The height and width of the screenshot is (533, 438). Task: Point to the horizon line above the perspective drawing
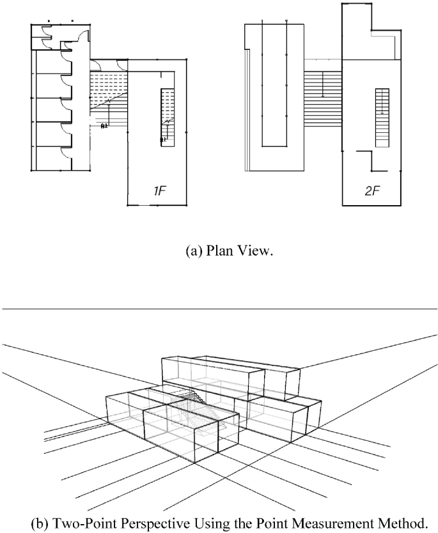[x=219, y=309]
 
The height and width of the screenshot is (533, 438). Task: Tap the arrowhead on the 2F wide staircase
[x=323, y=97]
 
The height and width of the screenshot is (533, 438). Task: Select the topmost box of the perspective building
[x=230, y=371]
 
